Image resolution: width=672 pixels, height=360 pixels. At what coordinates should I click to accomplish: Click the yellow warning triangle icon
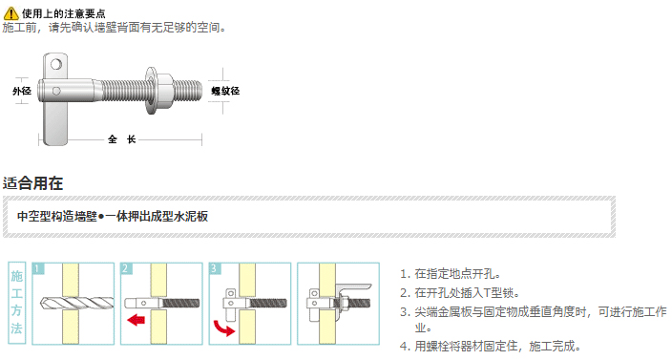(x=10, y=13)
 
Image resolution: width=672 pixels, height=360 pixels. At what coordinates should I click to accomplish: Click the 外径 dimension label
(x=22, y=91)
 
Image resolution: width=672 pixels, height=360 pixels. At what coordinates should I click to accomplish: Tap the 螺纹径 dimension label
(x=225, y=91)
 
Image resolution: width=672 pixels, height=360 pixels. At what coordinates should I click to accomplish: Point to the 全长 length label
(x=122, y=139)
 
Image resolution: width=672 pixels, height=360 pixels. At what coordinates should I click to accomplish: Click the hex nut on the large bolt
(x=164, y=91)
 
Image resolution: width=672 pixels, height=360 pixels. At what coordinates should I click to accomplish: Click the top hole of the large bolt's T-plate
(x=56, y=65)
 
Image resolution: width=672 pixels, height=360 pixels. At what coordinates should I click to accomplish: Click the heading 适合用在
(x=33, y=183)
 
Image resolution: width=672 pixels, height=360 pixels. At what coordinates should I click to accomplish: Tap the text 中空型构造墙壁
(x=57, y=216)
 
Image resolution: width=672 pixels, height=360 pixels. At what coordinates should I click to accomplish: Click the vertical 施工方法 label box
(x=17, y=303)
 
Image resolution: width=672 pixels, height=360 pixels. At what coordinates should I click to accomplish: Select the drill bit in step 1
(x=76, y=303)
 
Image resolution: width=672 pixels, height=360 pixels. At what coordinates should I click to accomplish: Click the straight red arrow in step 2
(x=136, y=320)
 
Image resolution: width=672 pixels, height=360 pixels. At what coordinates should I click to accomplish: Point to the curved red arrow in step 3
(x=223, y=328)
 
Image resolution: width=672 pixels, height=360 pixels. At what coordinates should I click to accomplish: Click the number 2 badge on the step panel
(x=126, y=268)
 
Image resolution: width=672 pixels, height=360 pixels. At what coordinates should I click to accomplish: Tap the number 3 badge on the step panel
(x=214, y=268)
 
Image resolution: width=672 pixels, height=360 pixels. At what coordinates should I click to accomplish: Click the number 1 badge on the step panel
(x=38, y=268)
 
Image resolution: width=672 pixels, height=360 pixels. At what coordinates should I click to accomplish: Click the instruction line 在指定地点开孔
(x=451, y=274)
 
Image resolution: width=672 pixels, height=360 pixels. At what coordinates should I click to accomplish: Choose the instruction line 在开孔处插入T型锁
(x=460, y=293)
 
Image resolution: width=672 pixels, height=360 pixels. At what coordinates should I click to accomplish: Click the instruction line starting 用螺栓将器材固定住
(x=491, y=346)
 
